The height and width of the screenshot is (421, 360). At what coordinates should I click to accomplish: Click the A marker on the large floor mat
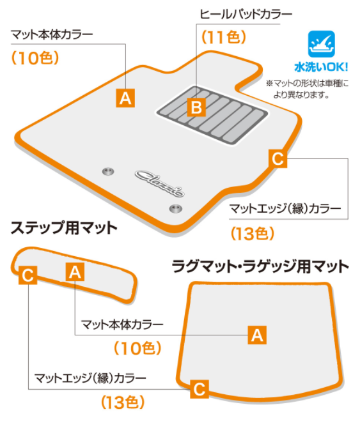[125, 98]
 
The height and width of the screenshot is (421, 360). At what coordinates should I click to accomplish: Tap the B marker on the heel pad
[196, 107]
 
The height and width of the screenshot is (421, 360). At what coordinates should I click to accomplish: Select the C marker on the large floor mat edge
[278, 158]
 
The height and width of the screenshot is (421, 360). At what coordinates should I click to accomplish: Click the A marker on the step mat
[75, 272]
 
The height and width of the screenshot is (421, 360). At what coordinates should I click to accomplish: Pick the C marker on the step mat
[27, 275]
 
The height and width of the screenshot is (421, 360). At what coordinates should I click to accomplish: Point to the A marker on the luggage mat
[257, 335]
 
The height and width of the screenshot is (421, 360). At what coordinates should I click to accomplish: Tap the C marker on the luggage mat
[200, 389]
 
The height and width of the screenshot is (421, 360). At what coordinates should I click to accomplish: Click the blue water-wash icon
[321, 44]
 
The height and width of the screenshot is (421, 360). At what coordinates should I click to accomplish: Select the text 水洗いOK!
[321, 67]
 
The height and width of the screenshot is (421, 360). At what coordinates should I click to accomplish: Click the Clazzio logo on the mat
[160, 183]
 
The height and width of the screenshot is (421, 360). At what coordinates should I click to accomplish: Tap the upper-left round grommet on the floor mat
[108, 171]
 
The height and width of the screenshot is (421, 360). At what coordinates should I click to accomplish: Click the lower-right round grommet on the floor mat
[176, 208]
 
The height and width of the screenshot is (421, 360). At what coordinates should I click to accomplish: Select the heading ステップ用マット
[64, 227]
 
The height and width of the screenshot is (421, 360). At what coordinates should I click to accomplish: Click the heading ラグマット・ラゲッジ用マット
[260, 266]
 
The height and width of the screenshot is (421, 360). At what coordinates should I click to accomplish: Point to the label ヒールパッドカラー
[246, 14]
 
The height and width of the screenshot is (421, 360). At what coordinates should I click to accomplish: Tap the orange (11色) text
[224, 37]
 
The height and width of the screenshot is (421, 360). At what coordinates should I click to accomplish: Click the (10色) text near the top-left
[35, 57]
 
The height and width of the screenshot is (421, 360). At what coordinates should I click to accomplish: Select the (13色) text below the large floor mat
[253, 233]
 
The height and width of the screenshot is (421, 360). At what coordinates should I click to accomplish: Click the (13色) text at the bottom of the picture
[123, 402]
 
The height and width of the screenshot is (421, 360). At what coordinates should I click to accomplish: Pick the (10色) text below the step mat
[137, 348]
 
